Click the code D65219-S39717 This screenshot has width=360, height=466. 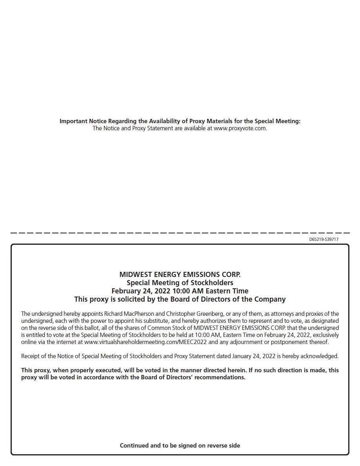(324, 239)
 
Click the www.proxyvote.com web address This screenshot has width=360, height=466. (240, 128)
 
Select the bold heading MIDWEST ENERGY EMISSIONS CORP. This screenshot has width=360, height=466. (180, 274)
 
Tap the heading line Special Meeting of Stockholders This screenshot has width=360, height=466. (180, 282)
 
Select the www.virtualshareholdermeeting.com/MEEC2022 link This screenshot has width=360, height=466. (145, 342)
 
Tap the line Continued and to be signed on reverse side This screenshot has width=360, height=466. (180, 445)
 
